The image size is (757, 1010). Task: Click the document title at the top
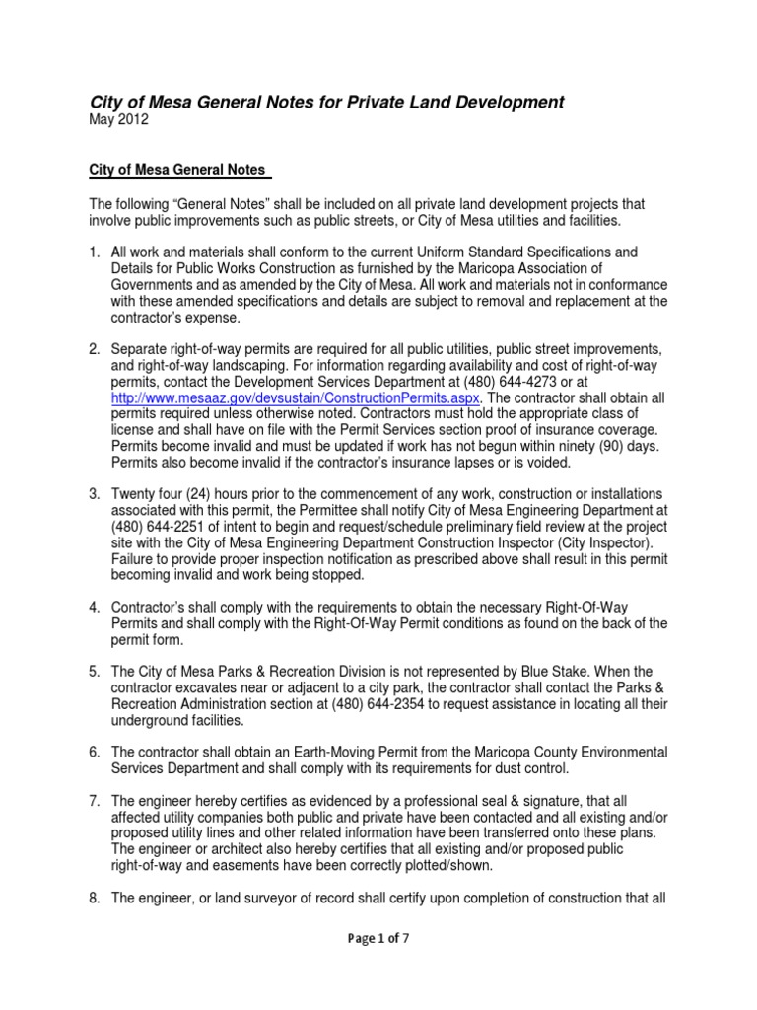(x=327, y=102)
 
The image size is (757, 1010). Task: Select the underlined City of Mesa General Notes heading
(x=177, y=170)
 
